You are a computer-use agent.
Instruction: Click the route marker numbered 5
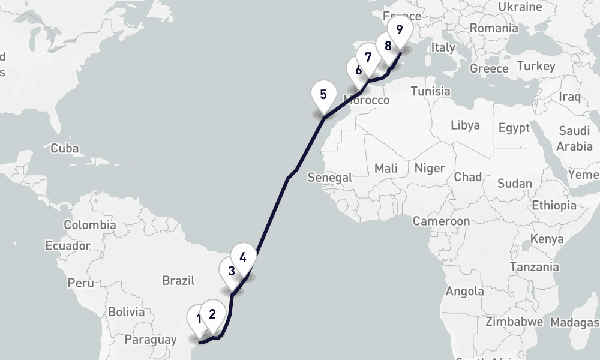[x=323, y=95]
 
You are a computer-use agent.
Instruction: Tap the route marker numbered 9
[x=400, y=29]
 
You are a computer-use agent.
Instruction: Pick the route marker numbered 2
[x=212, y=313]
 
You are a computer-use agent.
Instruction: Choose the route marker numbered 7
[x=368, y=58]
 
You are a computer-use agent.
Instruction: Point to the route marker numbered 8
[x=388, y=46]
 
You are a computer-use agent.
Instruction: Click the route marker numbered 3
[x=231, y=271]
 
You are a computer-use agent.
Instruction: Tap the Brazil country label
[x=179, y=280]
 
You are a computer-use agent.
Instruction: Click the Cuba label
[x=65, y=148]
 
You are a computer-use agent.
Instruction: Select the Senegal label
[x=329, y=178]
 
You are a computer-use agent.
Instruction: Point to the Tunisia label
[x=430, y=91]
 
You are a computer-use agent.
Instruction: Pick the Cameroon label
[x=441, y=221]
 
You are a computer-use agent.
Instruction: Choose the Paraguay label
[x=150, y=340]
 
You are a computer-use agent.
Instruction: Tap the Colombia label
[x=90, y=225]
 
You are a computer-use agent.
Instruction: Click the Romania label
[x=494, y=28]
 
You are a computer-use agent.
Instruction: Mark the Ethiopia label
[x=554, y=205]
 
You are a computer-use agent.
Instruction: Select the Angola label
[x=465, y=292]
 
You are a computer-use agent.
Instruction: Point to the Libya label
[x=465, y=125]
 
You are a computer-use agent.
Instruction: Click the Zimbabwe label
[x=514, y=322]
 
